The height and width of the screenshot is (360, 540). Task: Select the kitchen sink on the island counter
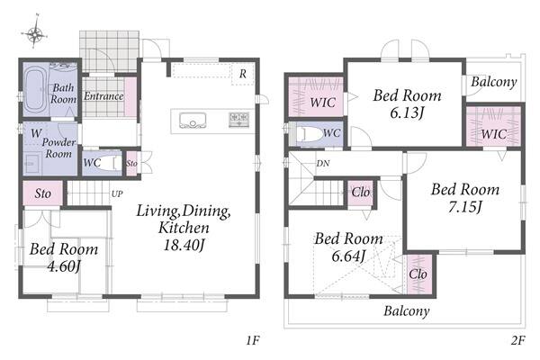(193, 121)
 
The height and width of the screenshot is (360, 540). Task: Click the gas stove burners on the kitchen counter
(239, 119)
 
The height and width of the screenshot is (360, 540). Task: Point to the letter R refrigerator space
(243, 74)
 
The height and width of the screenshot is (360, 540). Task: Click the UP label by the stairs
(117, 194)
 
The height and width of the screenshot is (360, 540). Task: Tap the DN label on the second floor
(323, 163)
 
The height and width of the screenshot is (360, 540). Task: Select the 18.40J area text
(184, 246)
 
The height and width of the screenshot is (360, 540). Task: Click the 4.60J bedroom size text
(64, 266)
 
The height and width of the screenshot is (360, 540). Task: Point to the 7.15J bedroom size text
(465, 207)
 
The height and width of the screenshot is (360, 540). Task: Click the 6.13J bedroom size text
(407, 112)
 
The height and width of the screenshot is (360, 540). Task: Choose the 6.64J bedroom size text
(348, 256)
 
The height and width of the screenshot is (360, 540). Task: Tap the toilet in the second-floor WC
(309, 134)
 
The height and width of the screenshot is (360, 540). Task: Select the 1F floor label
(252, 340)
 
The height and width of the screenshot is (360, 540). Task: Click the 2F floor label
(517, 340)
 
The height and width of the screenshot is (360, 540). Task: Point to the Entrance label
(103, 96)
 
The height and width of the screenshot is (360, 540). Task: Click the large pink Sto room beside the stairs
(42, 193)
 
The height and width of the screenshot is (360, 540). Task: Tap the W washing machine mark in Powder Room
(36, 133)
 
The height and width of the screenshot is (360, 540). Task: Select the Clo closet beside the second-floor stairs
(361, 193)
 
